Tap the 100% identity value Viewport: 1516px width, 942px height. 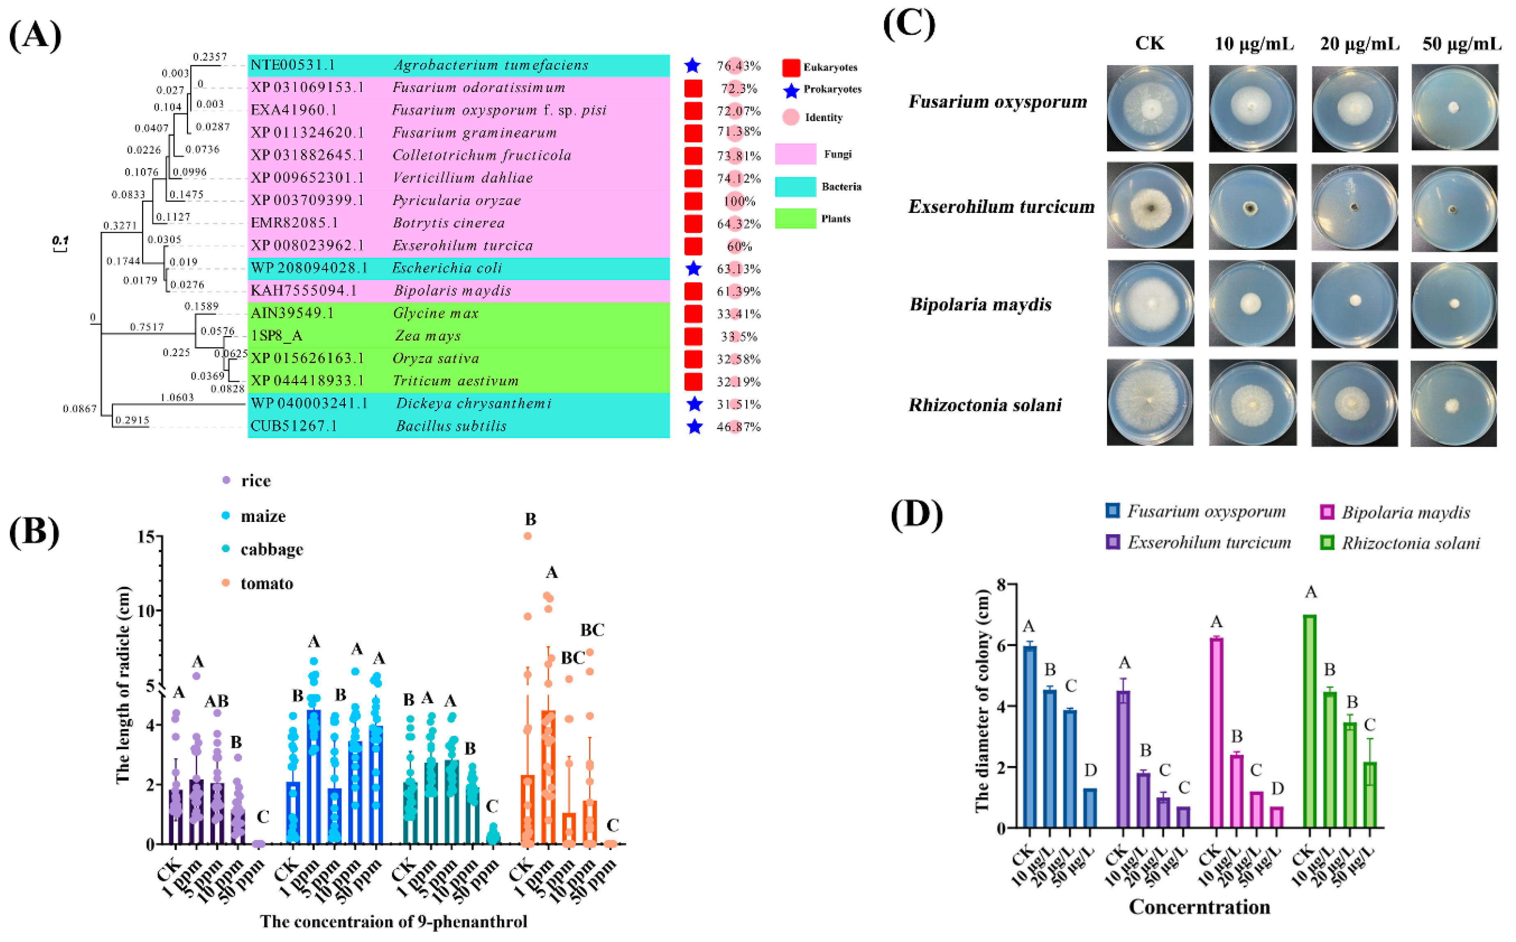739,201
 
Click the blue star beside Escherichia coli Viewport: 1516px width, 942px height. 693,268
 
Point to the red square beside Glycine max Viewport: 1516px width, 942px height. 693,314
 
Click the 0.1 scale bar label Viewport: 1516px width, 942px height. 60,240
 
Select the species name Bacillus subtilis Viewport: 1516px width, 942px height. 451,426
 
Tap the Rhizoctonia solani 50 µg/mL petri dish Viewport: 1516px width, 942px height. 1453,404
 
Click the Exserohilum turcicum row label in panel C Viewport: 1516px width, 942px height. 1001,206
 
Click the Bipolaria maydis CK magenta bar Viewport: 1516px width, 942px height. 1216,733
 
